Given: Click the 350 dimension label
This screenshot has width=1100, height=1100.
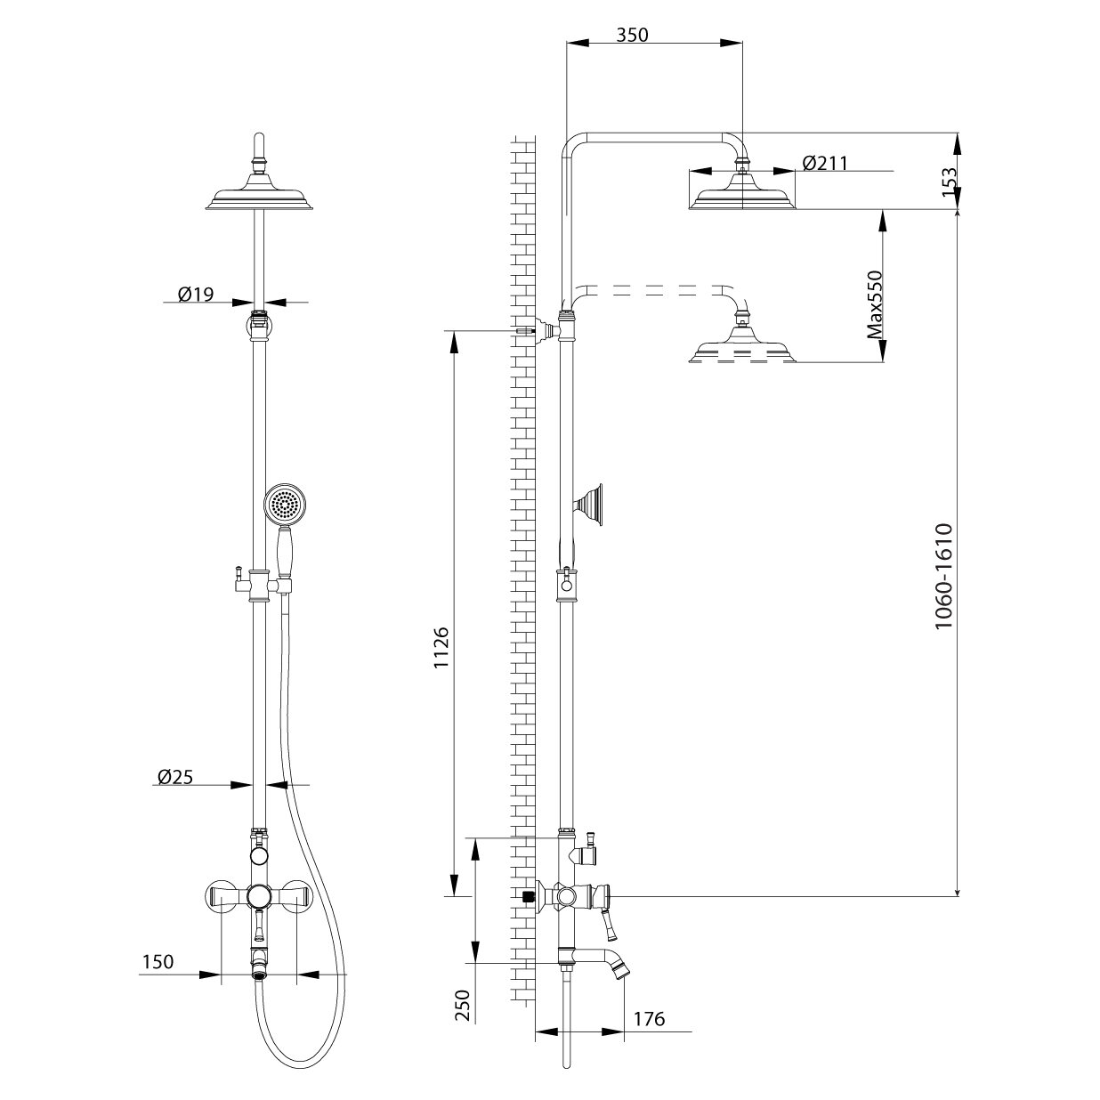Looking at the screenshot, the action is (633, 35).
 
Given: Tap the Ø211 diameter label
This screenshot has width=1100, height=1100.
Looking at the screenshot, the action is (824, 163).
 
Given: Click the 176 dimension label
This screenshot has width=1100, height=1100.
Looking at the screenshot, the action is (649, 1019).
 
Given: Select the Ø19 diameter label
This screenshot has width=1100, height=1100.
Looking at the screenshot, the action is (196, 294).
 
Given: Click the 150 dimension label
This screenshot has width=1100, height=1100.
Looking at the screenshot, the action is (157, 962).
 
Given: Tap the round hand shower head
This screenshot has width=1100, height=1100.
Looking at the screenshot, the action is (283, 506).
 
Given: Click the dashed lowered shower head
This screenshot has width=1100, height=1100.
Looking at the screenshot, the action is (742, 347).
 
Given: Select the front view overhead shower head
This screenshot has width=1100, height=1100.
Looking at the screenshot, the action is (259, 198).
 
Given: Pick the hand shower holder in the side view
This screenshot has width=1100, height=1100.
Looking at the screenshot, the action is (590, 505).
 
